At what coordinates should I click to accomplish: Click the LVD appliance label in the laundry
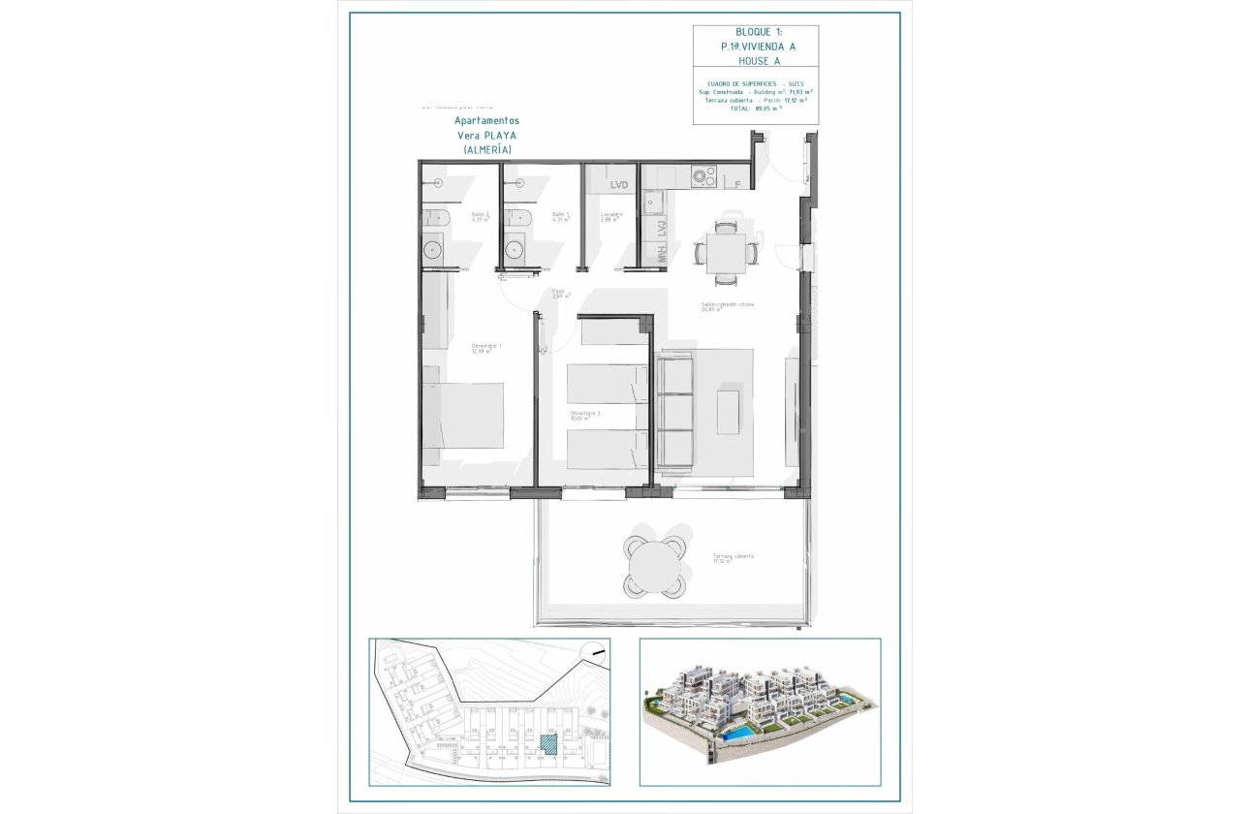click(618, 184)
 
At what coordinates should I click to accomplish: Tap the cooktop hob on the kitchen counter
click(703, 177)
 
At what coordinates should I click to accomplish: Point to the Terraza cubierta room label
click(733, 558)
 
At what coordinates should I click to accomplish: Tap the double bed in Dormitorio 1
click(463, 415)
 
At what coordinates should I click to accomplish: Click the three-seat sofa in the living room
click(675, 411)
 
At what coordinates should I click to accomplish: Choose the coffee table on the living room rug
click(728, 411)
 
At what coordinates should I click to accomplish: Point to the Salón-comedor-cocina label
click(728, 305)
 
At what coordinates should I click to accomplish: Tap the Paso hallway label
click(560, 293)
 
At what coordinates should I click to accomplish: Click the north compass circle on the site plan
click(593, 654)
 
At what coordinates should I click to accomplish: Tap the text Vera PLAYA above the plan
click(486, 136)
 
